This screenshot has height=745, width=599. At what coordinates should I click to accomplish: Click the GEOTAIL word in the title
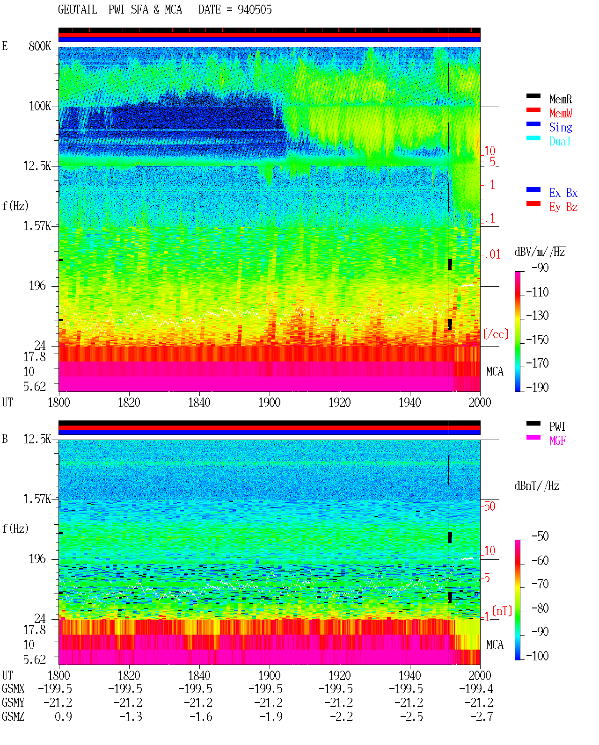click(x=78, y=10)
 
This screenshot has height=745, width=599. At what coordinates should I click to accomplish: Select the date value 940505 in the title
click(x=255, y=10)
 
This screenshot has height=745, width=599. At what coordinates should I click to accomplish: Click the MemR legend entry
click(x=561, y=99)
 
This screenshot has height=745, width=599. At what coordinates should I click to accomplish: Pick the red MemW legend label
click(x=561, y=113)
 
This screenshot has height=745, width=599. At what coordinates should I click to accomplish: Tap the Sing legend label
click(x=561, y=127)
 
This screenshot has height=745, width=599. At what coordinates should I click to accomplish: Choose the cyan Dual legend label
click(x=560, y=141)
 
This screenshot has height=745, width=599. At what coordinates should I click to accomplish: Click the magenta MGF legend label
click(x=557, y=441)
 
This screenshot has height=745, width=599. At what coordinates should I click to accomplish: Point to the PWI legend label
click(x=557, y=427)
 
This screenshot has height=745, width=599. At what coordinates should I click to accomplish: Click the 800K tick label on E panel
click(x=40, y=46)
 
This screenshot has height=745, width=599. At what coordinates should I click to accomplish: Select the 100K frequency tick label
click(x=40, y=106)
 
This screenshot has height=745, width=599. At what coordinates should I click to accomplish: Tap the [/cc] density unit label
click(x=496, y=334)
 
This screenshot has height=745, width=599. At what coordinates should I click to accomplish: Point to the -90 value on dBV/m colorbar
click(x=540, y=268)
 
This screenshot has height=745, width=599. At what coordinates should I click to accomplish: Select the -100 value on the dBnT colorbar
click(x=537, y=656)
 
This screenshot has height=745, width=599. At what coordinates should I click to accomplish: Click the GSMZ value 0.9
click(x=63, y=716)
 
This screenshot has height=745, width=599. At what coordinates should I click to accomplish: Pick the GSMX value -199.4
click(x=476, y=688)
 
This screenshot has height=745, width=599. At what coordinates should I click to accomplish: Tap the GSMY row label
click(x=13, y=703)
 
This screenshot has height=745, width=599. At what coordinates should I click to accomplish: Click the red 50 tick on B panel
click(x=489, y=506)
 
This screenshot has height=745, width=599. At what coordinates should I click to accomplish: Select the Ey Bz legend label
click(x=563, y=207)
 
